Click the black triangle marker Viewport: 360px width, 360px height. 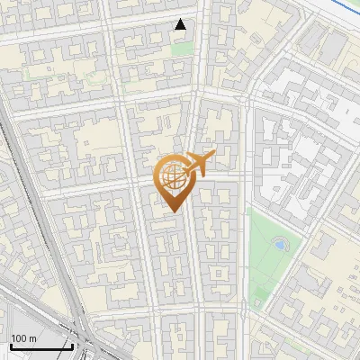pos(181,25)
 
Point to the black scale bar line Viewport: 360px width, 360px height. pos(41,346)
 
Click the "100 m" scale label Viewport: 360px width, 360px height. pos(23,338)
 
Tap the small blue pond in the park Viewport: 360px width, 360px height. pos(278,243)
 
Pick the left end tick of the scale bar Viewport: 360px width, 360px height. pos(11,345)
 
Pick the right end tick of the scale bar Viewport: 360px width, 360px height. pos(72,345)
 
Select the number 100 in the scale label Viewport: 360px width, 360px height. pos(19,338)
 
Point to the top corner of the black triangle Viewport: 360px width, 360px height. pos(181,20)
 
